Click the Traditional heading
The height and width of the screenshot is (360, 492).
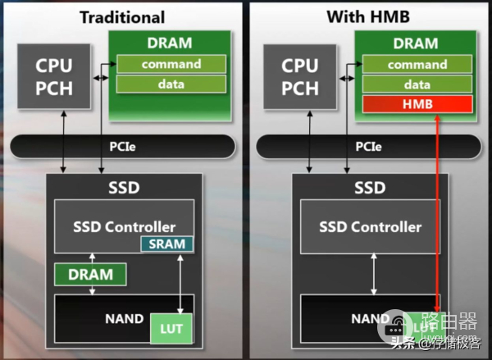pyautogui.click(x=122, y=16)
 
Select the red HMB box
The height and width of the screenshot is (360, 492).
pyautogui.click(x=417, y=104)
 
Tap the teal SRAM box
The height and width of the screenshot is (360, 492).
pyautogui.click(x=166, y=244)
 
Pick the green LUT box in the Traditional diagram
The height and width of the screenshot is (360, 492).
pyautogui.click(x=172, y=329)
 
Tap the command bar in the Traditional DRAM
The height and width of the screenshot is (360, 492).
pyautogui.click(x=171, y=64)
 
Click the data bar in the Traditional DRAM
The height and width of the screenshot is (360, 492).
pyautogui.click(x=171, y=84)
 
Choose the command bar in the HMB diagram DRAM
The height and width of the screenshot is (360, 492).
pyautogui.click(x=417, y=64)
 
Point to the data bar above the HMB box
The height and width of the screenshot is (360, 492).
pyautogui.click(x=417, y=84)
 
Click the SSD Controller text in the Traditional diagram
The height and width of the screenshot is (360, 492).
pyautogui.click(x=124, y=227)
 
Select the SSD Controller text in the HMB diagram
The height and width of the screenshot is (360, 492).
pyautogui.click(x=370, y=227)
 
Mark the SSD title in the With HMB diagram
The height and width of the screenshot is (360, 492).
pyautogui.click(x=369, y=188)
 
